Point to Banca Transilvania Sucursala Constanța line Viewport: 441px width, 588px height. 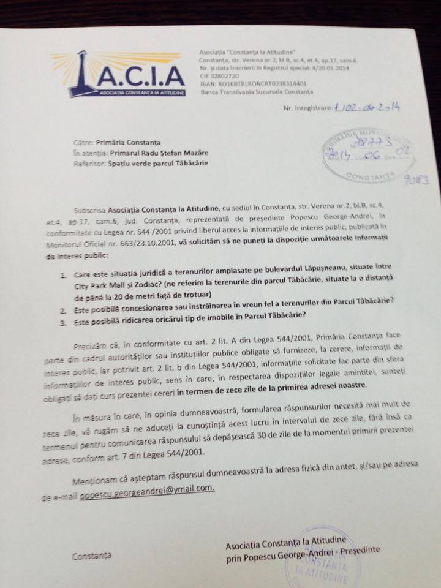tap(257, 92)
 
